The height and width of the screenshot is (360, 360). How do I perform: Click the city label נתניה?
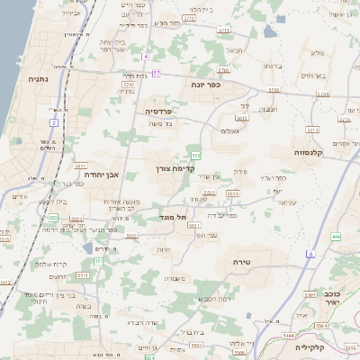pyautogui.click(x=39, y=78)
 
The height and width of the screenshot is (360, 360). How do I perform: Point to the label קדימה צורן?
pyautogui.click(x=170, y=168)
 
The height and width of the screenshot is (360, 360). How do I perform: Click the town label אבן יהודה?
pyautogui.click(x=100, y=175)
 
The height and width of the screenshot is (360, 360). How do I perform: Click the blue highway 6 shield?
pyautogui.click(x=310, y=255)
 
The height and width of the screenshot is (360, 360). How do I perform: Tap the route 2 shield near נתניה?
pyautogui.click(x=54, y=121)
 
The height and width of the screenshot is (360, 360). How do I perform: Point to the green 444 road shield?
pyautogui.click(x=336, y=236)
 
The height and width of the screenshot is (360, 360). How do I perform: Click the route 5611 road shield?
pyautogui.click(x=80, y=166)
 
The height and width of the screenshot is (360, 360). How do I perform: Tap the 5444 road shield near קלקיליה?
pyautogui.click(x=289, y=334)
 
